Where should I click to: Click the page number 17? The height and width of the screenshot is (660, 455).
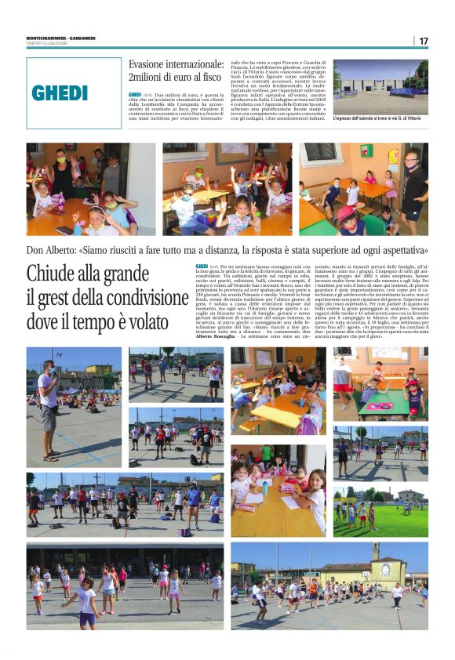pos(424,41)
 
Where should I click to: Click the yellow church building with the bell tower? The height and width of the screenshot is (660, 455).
pos(377,567)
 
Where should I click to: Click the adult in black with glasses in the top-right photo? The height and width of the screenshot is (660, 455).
pos(413,185)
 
